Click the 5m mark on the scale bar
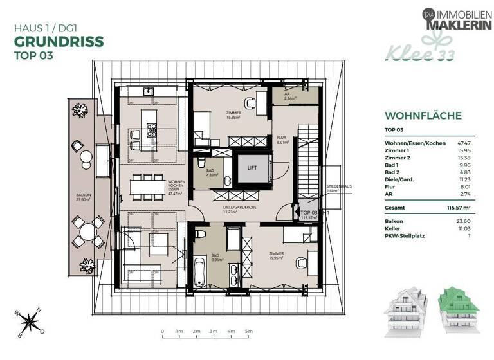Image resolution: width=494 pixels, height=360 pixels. (246, 332)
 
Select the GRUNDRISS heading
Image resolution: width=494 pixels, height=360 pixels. (59, 42)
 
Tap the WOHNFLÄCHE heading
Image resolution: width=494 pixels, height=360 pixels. (423, 116)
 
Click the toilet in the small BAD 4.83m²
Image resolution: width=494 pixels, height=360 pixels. (201, 160)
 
